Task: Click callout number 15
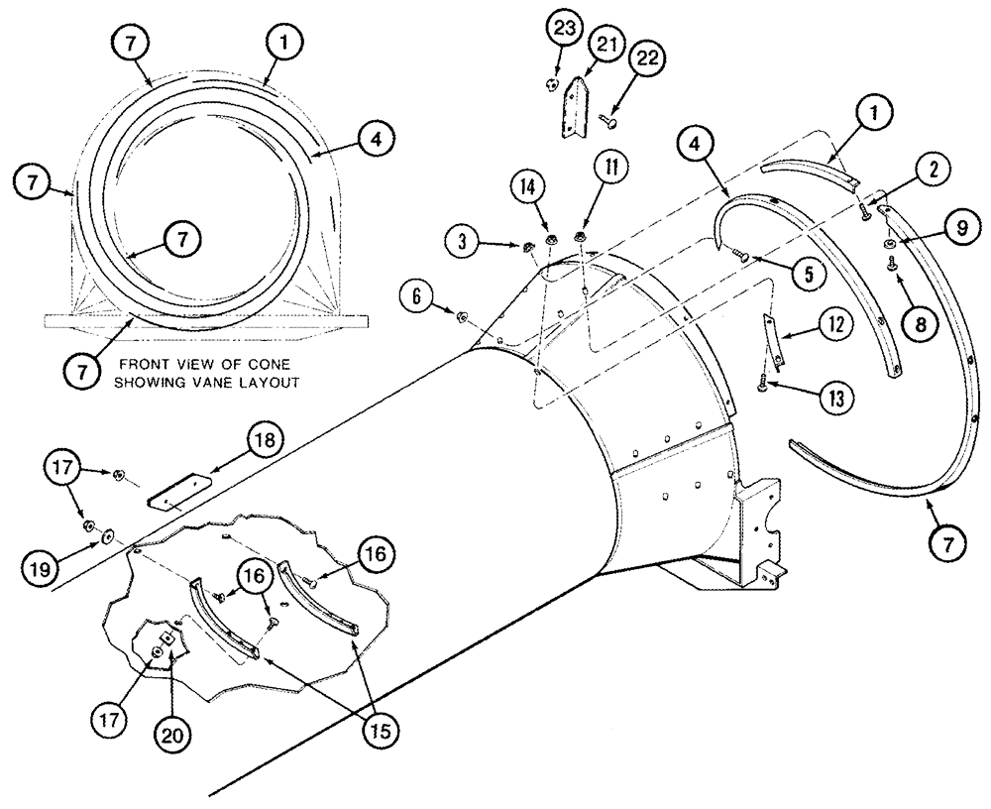[x=381, y=732]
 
